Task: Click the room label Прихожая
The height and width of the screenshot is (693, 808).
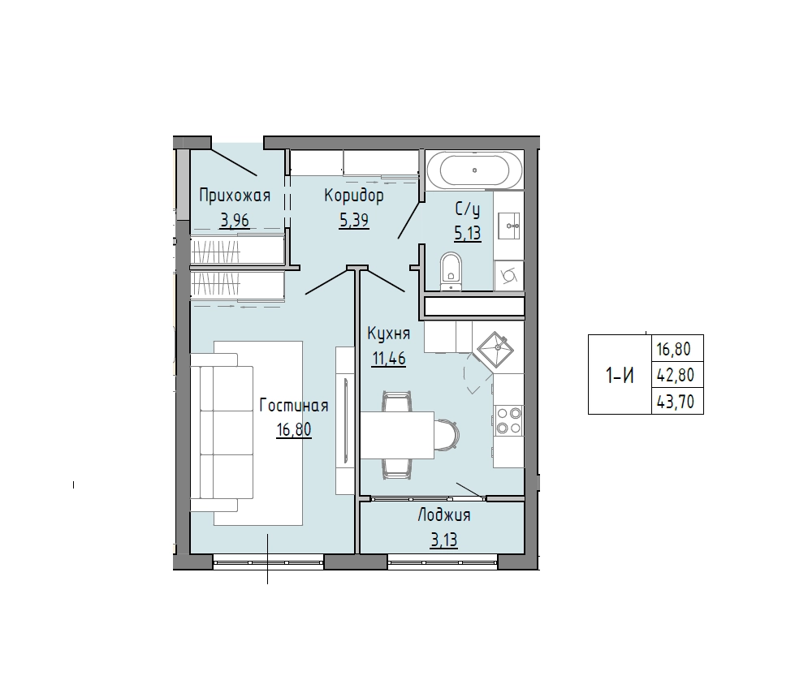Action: (x=235, y=196)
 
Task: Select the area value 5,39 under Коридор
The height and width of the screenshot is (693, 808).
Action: (x=354, y=221)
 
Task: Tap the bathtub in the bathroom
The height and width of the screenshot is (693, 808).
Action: (x=474, y=170)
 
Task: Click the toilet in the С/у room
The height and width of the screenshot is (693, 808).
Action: (x=452, y=271)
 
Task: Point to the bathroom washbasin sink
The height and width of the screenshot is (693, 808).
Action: (x=509, y=226)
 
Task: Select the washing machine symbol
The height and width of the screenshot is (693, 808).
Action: (x=509, y=275)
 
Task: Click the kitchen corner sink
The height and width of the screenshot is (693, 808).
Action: (x=495, y=349)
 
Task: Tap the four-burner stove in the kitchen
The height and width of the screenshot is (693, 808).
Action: (x=508, y=420)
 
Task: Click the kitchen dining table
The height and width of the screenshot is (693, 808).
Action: (x=397, y=434)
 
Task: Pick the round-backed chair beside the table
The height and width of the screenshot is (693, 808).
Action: (x=447, y=434)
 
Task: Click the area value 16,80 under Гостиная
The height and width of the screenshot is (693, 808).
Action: (x=294, y=429)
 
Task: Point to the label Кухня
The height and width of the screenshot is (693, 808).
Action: (x=388, y=334)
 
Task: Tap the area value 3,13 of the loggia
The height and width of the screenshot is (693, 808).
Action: (x=444, y=540)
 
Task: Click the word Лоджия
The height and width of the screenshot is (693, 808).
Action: (x=444, y=515)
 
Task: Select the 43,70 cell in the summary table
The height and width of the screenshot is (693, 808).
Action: (x=676, y=401)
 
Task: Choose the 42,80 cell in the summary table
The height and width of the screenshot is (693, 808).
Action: (x=676, y=375)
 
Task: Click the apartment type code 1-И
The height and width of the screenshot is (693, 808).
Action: (x=620, y=377)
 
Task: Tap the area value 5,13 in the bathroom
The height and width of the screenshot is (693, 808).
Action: (x=468, y=233)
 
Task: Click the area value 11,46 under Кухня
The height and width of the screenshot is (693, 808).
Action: (x=389, y=358)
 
